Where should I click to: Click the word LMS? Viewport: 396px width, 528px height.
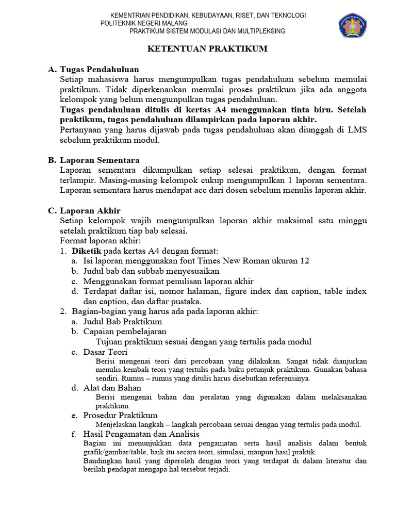pyautogui.click(x=357, y=130)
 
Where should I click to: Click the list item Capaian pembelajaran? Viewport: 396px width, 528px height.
pyautogui.click(x=125, y=332)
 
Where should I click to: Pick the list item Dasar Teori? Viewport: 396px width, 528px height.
pyautogui.click(x=105, y=352)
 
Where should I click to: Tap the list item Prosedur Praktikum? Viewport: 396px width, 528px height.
pyautogui.click(x=120, y=415)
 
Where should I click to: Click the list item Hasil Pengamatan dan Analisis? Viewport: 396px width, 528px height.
pyautogui.click(x=141, y=434)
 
